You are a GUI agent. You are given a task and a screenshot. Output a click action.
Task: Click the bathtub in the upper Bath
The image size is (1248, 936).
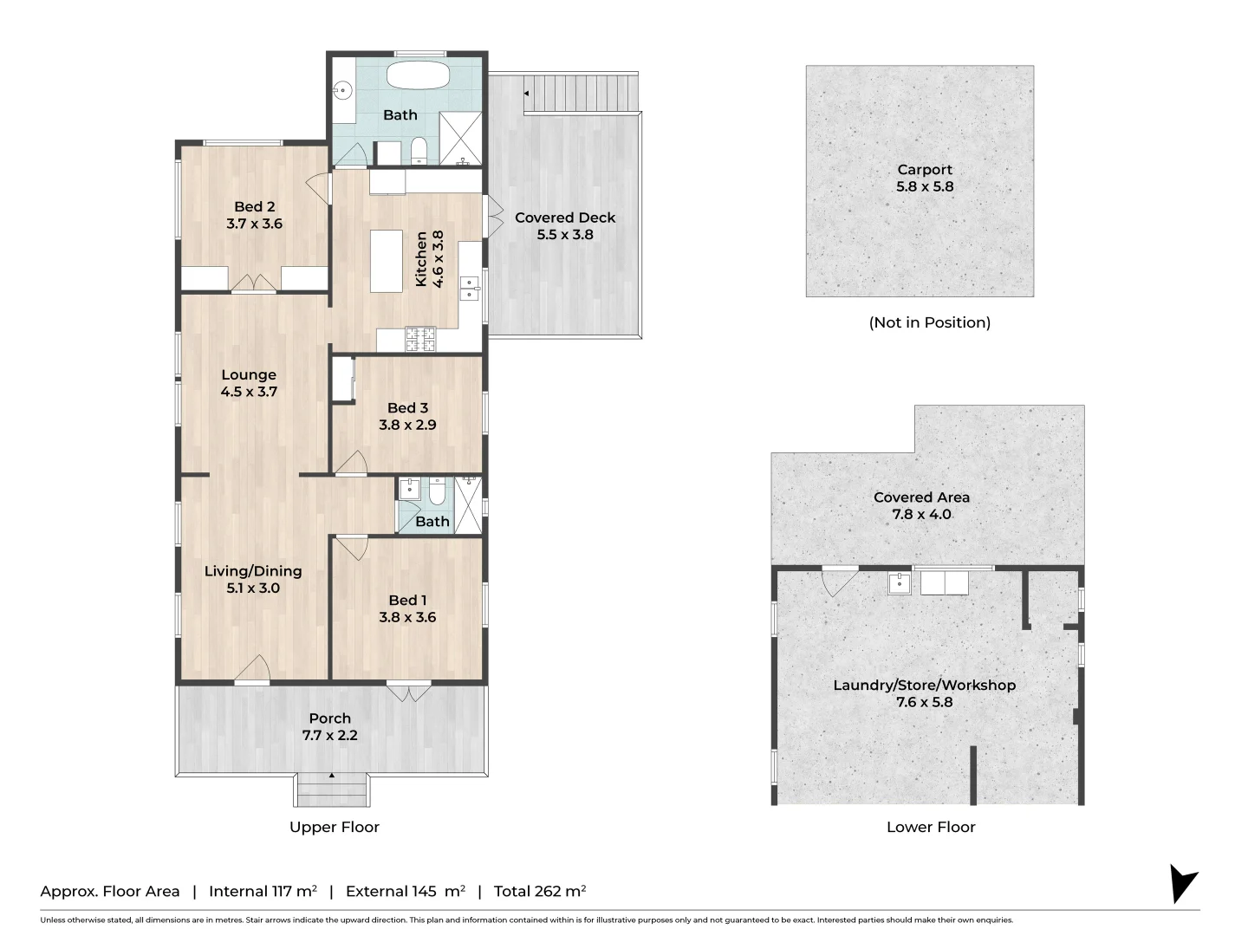coord(418,75)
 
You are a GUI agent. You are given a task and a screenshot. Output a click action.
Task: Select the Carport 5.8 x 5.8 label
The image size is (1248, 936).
coord(925,178)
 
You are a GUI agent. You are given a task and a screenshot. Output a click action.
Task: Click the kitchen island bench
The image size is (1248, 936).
coord(386,261)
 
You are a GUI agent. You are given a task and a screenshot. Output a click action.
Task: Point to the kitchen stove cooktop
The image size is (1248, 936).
coord(420,339)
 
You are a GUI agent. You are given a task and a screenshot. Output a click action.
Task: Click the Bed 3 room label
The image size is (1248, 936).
coord(407,416)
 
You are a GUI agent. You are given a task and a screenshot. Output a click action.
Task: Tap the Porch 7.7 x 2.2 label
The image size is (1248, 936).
coord(330,726)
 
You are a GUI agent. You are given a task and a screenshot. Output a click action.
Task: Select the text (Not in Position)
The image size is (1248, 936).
coord(930,322)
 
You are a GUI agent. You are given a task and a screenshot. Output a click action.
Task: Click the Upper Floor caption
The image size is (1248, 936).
coord(335,827)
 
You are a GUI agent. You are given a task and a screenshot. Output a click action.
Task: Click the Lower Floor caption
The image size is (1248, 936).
coord(931,827)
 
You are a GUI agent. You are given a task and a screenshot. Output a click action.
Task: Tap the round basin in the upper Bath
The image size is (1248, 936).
coord(343,91)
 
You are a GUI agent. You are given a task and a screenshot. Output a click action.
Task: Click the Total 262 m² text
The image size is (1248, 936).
coord(540,891)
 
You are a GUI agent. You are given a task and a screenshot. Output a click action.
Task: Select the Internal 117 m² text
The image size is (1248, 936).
coord(263,891)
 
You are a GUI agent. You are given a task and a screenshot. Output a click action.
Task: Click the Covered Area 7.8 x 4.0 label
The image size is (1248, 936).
coord(921,505)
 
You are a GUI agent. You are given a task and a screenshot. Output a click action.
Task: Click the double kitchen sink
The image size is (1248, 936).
coord(469,288)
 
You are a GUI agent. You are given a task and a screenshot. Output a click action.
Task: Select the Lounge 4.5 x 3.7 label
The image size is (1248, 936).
coord(249,383)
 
